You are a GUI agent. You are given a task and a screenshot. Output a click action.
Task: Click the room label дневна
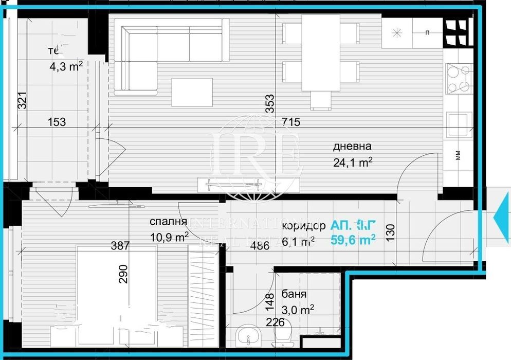352,147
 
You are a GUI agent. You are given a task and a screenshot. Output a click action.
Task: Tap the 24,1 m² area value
352,163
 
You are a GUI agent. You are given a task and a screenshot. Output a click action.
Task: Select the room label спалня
168,222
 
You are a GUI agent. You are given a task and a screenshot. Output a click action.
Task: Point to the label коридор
303,226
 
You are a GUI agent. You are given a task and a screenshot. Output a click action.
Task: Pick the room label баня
294,295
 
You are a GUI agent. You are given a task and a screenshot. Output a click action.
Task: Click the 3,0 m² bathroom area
298,310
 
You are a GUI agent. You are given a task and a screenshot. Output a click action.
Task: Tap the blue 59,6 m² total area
353,239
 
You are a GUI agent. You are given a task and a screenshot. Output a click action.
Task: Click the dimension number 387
120,246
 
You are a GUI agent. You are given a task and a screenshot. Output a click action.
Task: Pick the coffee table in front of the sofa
192,92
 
